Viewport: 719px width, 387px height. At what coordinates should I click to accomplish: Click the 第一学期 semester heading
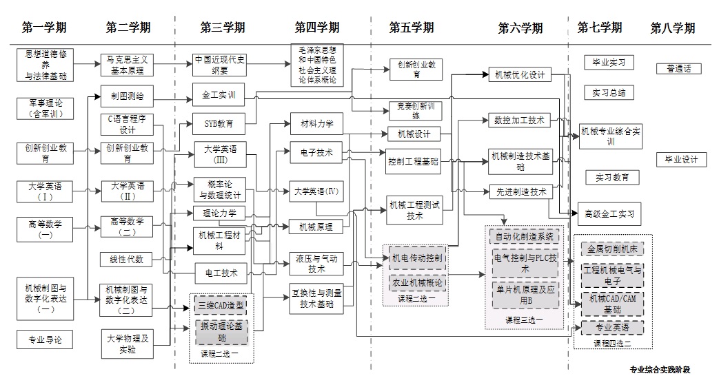[x=44, y=28]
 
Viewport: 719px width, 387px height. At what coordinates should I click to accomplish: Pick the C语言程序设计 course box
[x=127, y=124]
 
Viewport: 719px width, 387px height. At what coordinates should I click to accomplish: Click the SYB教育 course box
[x=219, y=125]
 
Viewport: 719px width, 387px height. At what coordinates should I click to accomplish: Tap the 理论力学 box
[x=219, y=213]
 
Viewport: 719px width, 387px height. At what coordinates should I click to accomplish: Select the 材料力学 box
[x=316, y=124]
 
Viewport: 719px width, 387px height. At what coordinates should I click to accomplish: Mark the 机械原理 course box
[x=316, y=226]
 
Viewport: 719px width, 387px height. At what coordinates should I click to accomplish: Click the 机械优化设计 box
[x=518, y=74]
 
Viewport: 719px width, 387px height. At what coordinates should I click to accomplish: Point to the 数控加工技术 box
[x=518, y=121]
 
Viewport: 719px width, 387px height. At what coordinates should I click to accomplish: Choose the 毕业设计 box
[x=681, y=160]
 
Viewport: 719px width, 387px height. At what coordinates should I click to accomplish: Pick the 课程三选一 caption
[x=525, y=321]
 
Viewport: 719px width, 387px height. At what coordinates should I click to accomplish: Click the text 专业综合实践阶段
[x=660, y=370]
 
